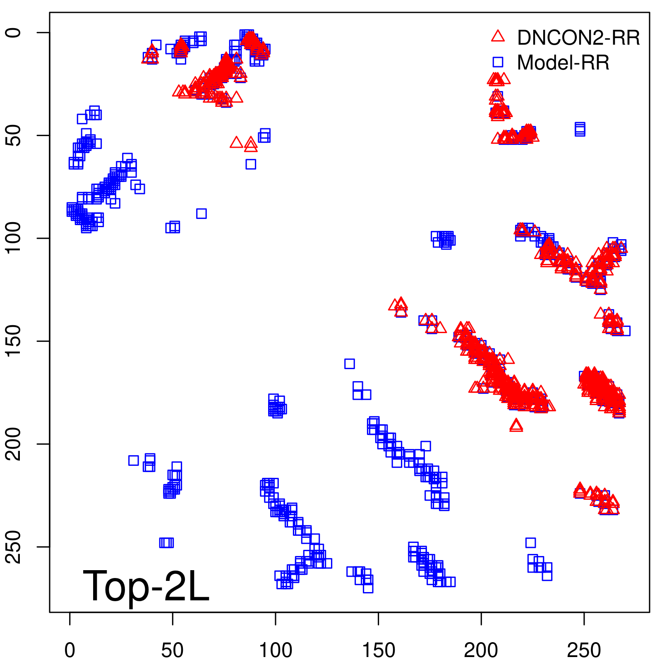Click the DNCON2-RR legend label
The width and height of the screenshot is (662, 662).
point(578,38)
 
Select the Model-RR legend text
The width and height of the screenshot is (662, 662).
point(563,63)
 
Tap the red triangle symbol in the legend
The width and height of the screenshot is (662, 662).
point(498,36)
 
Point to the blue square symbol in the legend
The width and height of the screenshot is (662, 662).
point(498,62)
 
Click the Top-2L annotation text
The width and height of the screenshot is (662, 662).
point(146,586)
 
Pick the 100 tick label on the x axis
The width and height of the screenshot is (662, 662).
point(276,650)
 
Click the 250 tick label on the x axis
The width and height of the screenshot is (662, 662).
point(584,650)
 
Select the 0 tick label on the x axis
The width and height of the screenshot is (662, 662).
point(70,650)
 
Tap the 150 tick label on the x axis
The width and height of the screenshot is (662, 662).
point(379,650)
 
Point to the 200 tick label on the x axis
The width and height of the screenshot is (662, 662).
point(481,650)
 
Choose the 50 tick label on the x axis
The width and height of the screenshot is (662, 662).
point(173,650)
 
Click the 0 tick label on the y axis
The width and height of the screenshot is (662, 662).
point(14,33)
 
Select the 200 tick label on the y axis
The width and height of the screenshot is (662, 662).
point(14,444)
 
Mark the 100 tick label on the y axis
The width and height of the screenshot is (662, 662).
point(14,238)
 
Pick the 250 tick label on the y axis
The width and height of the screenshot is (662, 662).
point(14,547)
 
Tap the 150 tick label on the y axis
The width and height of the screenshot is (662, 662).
point(14,341)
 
